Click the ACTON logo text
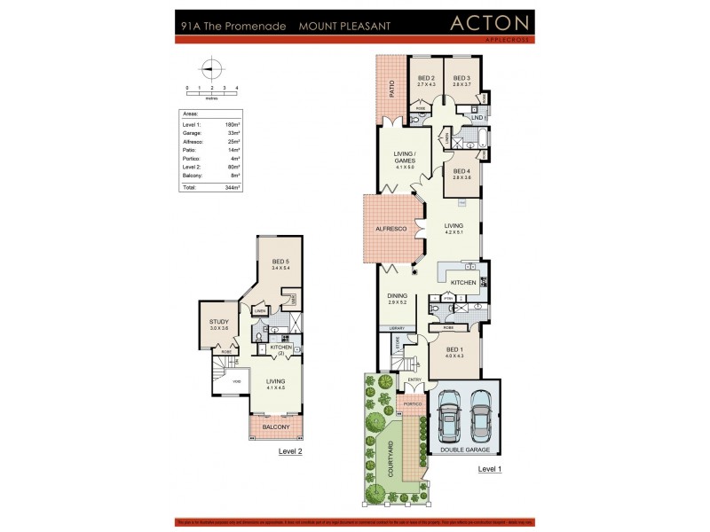[490, 24]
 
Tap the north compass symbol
[210, 67]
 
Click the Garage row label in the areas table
[192, 132]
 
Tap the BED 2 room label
[426, 79]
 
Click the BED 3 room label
[461, 79]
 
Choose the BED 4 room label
[461, 171]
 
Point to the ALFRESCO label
[391, 230]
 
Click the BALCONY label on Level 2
[276, 426]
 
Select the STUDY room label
[219, 322]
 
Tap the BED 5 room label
[281, 261]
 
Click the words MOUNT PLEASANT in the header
[345, 27]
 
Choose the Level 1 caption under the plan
[490, 469]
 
